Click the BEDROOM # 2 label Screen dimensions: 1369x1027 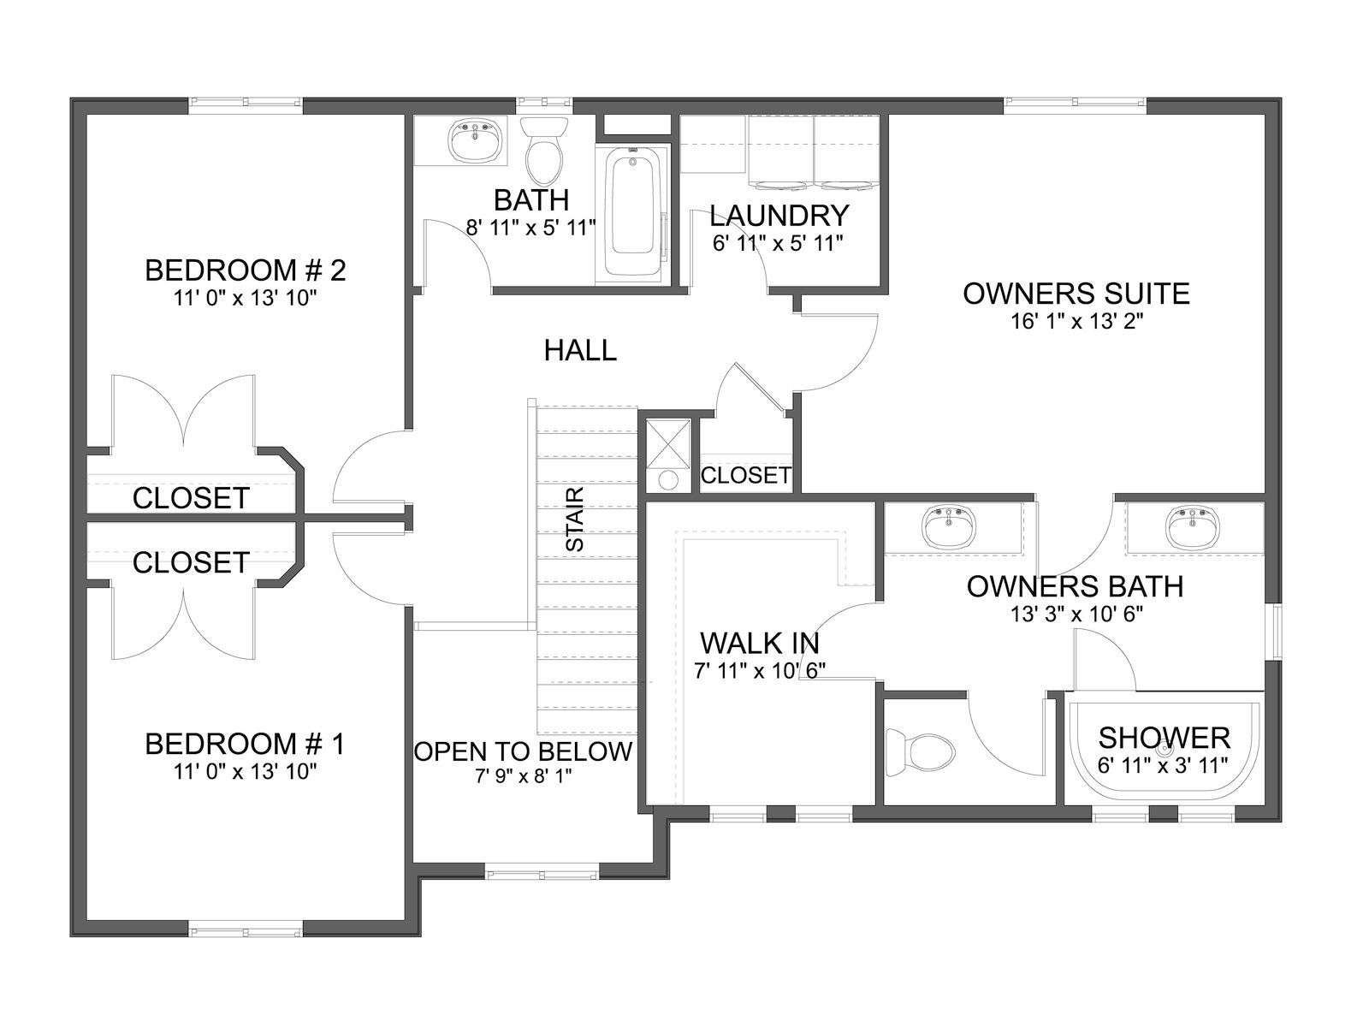pyautogui.click(x=245, y=270)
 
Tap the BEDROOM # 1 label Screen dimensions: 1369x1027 pyautogui.click(x=245, y=744)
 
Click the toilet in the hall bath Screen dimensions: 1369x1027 pyautogui.click(x=544, y=150)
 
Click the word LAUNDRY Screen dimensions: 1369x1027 pyautogui.click(x=779, y=216)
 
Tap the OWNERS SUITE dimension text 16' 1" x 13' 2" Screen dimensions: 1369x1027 pyautogui.click(x=1076, y=321)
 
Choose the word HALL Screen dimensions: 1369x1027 pyautogui.click(x=580, y=350)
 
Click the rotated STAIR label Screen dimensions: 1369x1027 pyautogui.click(x=574, y=519)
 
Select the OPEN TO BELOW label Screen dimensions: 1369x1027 pyautogui.click(x=524, y=751)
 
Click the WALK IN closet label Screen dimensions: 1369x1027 pyautogui.click(x=760, y=643)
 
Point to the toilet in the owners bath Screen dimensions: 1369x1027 pyautogui.click(x=921, y=755)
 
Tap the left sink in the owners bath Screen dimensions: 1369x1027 pyautogui.click(x=948, y=525)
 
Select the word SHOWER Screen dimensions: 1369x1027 pyautogui.click(x=1164, y=739)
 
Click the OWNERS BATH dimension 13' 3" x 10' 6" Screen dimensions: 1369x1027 pyautogui.click(x=1076, y=614)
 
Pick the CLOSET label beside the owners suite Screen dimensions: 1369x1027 pyautogui.click(x=746, y=476)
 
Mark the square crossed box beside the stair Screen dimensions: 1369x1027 pyautogui.click(x=668, y=444)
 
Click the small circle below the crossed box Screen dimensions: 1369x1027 pyautogui.click(x=668, y=480)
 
